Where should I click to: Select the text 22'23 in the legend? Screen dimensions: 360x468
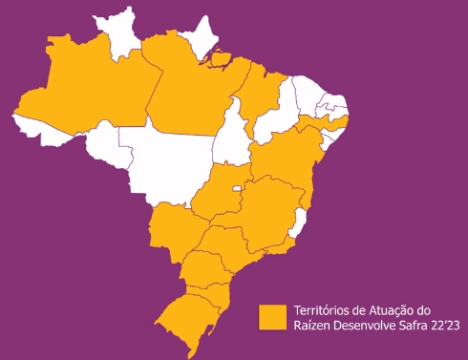(x=452, y=326)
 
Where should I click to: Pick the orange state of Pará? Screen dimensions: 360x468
(x=196, y=91)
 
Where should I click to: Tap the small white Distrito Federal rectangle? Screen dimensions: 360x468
(x=237, y=188)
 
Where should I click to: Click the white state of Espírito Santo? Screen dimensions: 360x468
(x=298, y=224)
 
